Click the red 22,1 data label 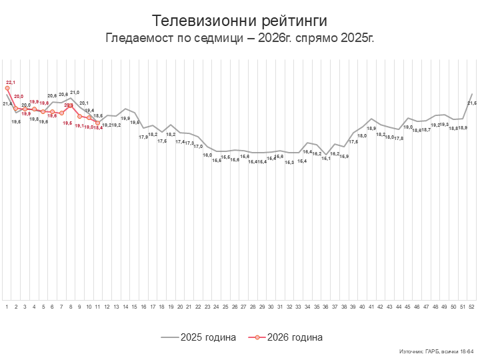(11, 82)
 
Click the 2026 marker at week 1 (7, 88)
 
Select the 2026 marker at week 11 (98, 123)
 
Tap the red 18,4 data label (98, 127)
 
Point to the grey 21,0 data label (75, 93)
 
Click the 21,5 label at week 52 (472, 103)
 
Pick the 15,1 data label (326, 158)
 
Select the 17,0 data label (198, 146)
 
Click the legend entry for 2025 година (199, 337)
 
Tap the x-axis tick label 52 (472, 307)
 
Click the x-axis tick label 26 (235, 307)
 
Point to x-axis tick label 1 (7, 307)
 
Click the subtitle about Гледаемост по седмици (240, 37)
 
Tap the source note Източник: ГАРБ (436, 351)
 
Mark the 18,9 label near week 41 (371, 129)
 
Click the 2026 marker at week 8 (71, 106)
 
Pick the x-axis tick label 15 (134, 307)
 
